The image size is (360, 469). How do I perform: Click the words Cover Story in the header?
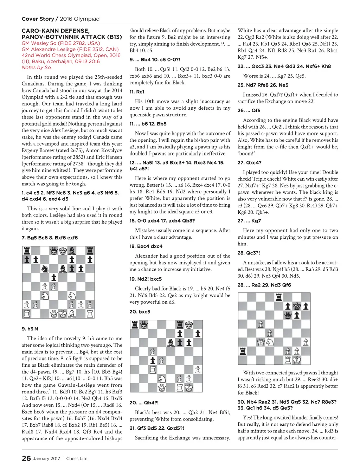point(38,19)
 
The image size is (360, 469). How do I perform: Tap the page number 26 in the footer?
point(26,458)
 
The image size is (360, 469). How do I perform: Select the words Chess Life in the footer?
point(77,458)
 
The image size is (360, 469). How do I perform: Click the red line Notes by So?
point(37,68)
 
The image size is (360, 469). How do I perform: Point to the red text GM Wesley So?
point(39,43)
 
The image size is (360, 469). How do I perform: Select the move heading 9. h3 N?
point(30,329)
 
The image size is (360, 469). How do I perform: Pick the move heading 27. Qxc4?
point(249,163)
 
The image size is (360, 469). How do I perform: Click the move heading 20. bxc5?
point(140,311)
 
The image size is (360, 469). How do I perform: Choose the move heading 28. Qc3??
point(249,253)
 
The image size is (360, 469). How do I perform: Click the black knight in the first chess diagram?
point(45,269)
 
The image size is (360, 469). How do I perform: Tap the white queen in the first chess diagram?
point(54,313)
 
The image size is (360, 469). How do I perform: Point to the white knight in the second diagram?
point(162,378)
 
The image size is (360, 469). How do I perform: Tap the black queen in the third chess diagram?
point(288,315)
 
